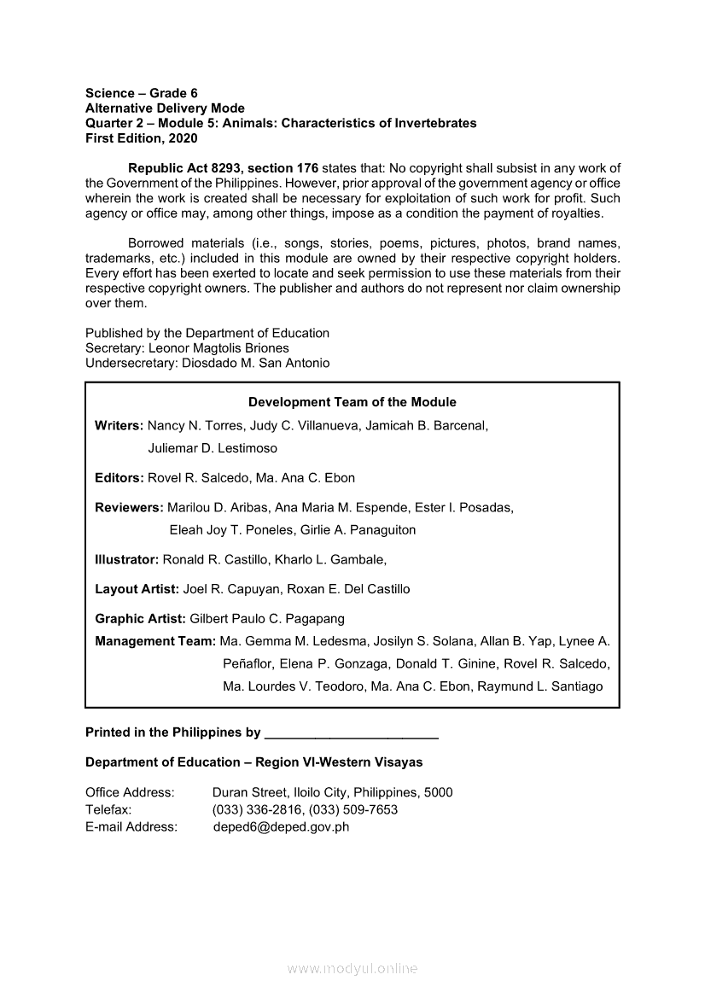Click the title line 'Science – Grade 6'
pyautogui.click(x=142, y=93)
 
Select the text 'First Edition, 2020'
pyautogui.click(x=142, y=138)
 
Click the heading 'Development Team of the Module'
pyautogui.click(x=352, y=402)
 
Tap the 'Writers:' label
pyautogui.click(x=119, y=425)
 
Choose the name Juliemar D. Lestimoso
pyautogui.click(x=213, y=447)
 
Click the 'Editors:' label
pyautogui.click(x=119, y=477)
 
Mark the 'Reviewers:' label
pyautogui.click(x=129, y=507)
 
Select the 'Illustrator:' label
pyautogui.click(x=126, y=559)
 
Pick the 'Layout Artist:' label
pyautogui.click(x=137, y=589)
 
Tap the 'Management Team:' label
pyautogui.click(x=155, y=641)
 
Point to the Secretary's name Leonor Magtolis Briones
pyautogui.click(x=219, y=348)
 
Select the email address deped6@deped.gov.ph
pyautogui.click(x=281, y=826)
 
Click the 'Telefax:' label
pyautogui.click(x=108, y=809)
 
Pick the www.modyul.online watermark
pyautogui.click(x=352, y=968)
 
